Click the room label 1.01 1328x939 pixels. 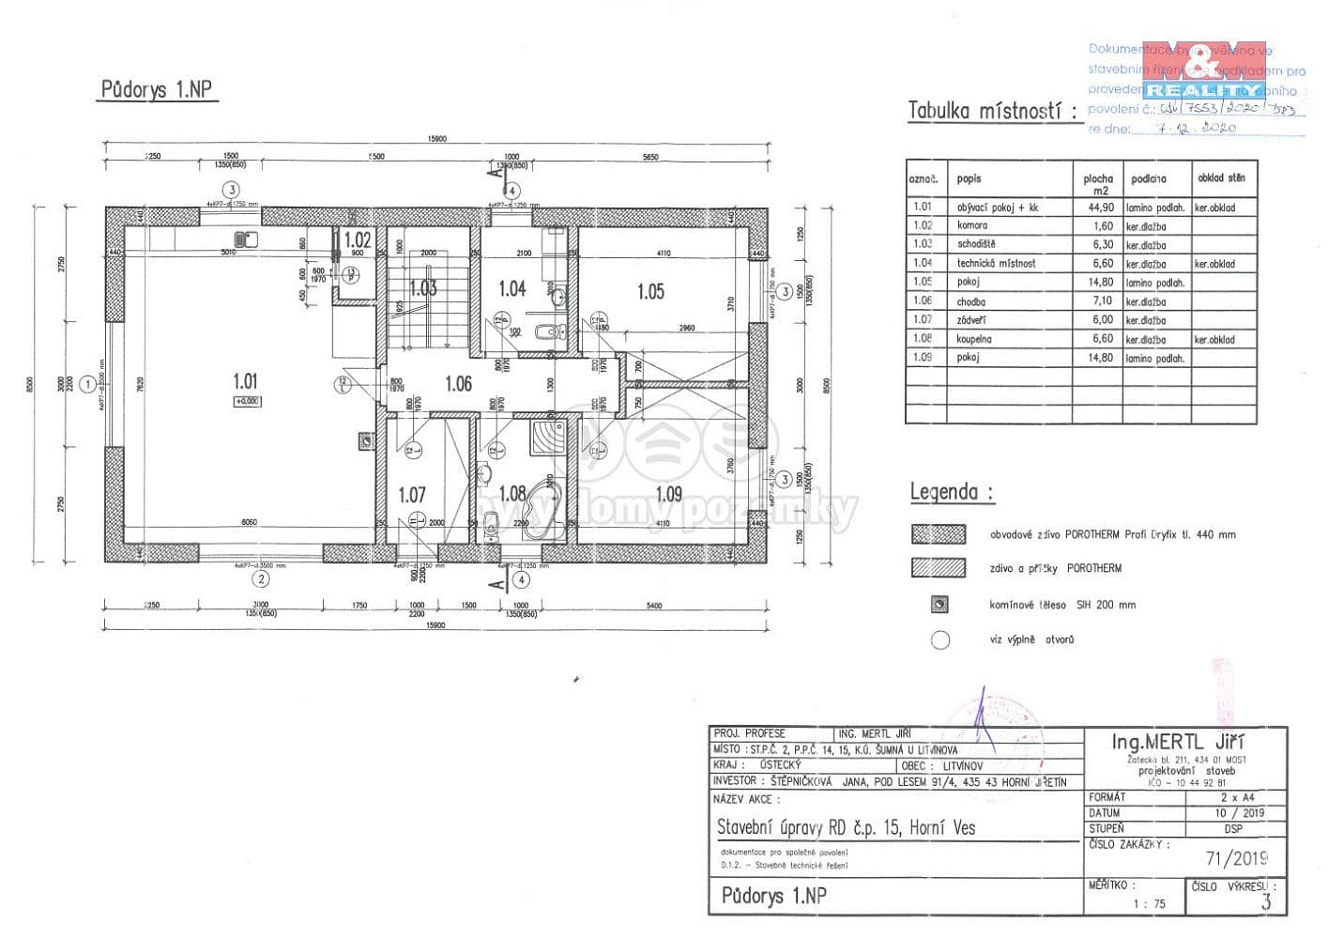tap(245, 381)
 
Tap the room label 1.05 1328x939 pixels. tap(650, 292)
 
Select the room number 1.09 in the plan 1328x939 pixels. tap(668, 494)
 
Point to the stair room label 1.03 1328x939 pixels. tap(422, 288)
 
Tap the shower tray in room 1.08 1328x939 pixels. tap(548, 438)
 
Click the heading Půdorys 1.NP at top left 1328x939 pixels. tap(157, 90)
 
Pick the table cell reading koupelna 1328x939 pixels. tap(974, 339)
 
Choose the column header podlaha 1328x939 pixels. tap(1149, 178)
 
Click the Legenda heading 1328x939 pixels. tap(951, 491)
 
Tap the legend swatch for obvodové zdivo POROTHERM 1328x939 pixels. tap(939, 534)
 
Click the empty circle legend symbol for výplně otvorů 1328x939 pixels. tap(940, 640)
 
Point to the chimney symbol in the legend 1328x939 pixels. tap(939, 606)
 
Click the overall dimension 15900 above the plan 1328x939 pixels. tap(436, 139)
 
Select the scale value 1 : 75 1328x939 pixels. tap(1149, 904)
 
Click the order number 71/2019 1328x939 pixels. tap(1236, 858)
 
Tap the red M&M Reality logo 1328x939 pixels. tap(1204, 70)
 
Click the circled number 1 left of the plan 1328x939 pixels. tap(87, 383)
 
